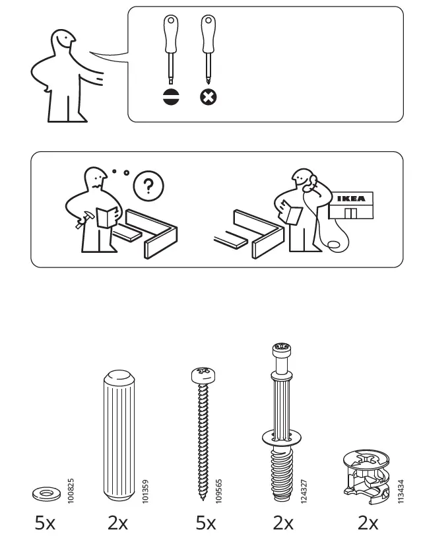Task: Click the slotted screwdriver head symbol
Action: [x=171, y=97]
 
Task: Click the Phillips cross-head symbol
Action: [x=209, y=97]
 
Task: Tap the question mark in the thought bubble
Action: [x=148, y=186]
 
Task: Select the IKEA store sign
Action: [x=351, y=199]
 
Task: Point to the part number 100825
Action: [x=70, y=488]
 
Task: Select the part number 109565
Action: [x=218, y=488]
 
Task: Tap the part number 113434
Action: [x=400, y=488]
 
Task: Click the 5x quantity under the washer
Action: [x=45, y=524]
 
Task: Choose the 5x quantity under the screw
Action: [x=205, y=524]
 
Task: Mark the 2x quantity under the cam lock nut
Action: [x=368, y=524]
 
